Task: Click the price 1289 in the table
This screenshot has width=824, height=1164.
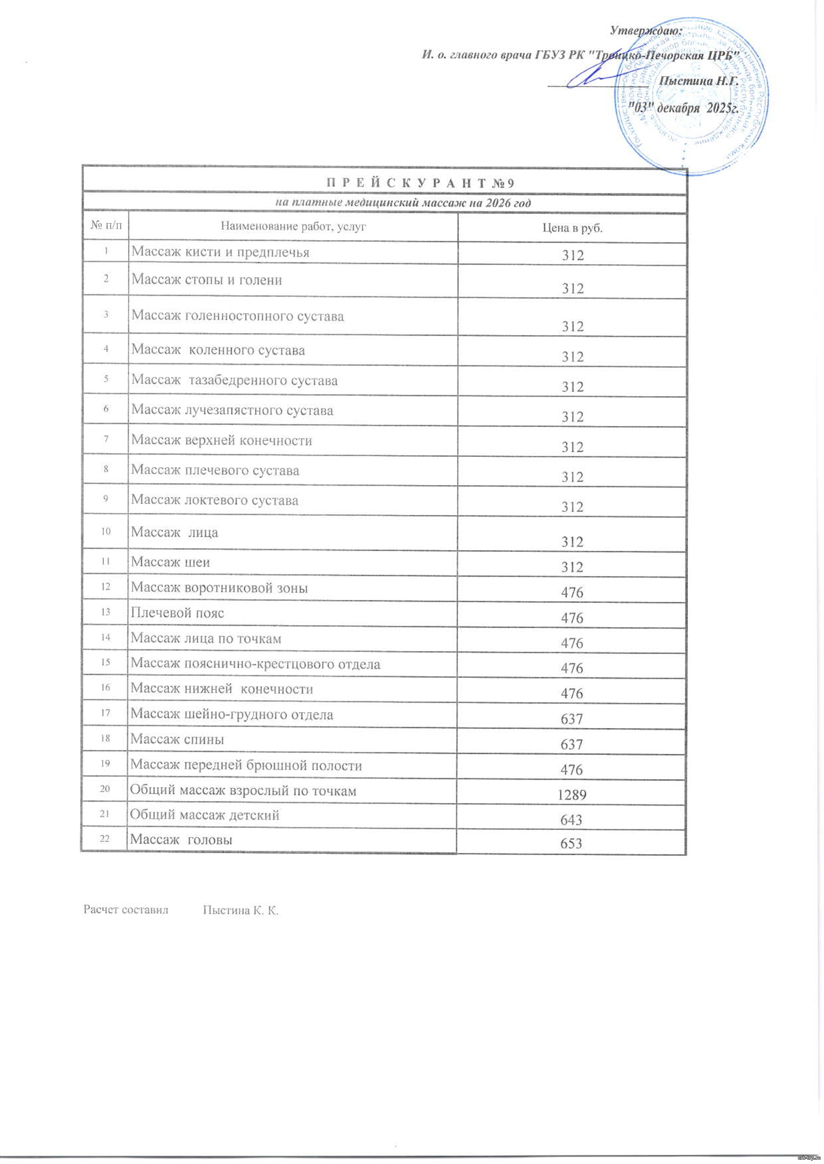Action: point(572,794)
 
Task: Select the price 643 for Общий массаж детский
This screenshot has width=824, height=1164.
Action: point(572,820)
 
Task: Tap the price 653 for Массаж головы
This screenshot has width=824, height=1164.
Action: point(572,844)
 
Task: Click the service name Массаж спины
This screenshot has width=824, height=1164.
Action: point(177,740)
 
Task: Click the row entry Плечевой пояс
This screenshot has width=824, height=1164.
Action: point(177,613)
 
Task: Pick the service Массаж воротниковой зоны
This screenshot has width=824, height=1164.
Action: point(219,588)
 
